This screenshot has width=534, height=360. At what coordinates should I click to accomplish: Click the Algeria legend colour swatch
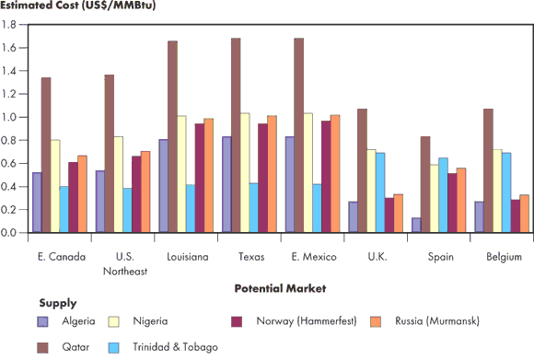point(43,321)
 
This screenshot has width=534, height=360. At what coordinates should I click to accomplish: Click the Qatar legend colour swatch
point(43,347)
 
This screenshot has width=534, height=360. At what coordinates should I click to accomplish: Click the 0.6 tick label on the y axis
point(12,163)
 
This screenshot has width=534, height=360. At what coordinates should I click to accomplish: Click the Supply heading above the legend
point(57,302)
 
